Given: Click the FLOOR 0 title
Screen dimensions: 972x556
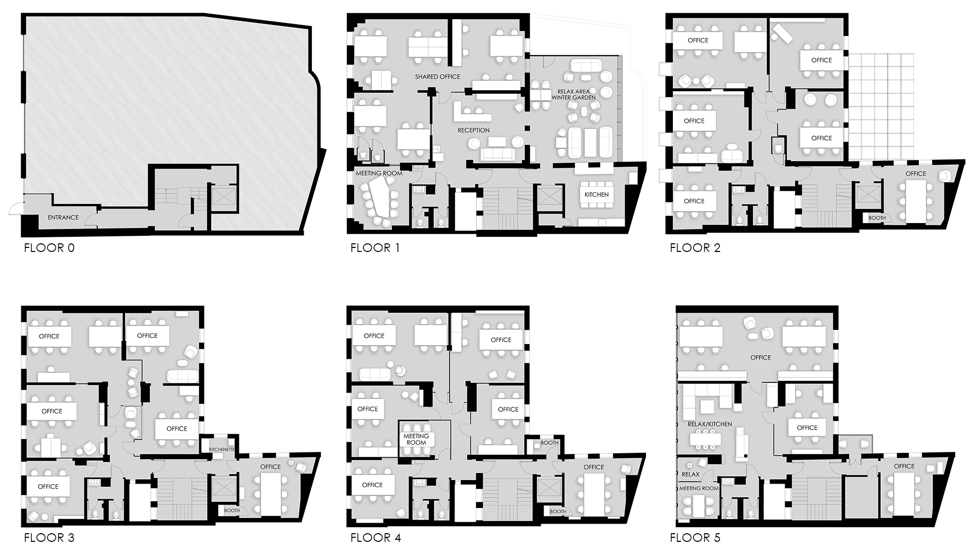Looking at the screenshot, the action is click(49, 248).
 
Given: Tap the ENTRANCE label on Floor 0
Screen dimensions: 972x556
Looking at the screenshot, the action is click(63, 218).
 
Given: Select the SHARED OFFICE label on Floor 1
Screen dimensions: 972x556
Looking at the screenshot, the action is click(437, 77).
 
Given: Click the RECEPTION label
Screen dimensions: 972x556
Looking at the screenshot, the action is click(473, 131).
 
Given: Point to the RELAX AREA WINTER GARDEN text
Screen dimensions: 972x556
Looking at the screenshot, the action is click(574, 95).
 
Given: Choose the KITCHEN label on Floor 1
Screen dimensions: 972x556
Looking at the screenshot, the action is click(596, 195).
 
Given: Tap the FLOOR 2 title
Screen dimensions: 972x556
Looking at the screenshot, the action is click(695, 248).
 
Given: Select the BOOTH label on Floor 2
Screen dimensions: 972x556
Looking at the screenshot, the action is click(877, 218).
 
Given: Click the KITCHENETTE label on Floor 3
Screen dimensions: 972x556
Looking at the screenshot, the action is click(222, 449).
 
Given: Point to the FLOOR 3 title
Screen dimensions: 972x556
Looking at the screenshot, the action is click(49, 538).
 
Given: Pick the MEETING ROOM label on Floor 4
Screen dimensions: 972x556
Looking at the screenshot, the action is click(416, 439).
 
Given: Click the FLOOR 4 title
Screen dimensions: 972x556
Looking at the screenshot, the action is click(376, 538).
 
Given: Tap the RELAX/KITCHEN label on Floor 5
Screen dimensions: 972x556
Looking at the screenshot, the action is click(710, 424).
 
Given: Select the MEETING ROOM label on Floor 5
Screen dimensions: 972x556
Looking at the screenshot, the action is click(699, 488).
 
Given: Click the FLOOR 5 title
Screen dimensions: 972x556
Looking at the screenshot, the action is click(695, 538).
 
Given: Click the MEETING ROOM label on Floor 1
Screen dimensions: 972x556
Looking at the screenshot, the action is click(379, 174).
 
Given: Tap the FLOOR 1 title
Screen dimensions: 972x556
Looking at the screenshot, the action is click(375, 248).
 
